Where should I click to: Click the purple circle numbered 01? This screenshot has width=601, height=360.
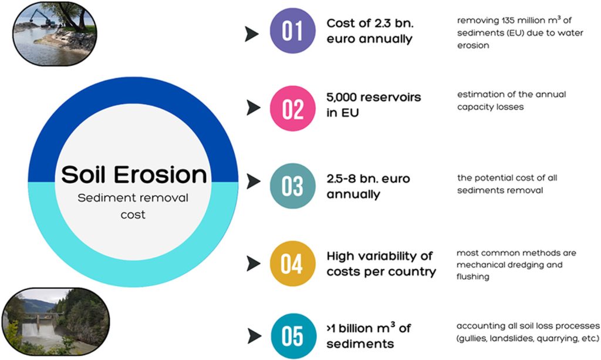point(292,31)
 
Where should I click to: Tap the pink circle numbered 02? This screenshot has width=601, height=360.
point(292,109)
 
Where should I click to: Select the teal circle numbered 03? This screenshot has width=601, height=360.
point(292,186)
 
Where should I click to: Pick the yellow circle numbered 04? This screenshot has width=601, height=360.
point(292,263)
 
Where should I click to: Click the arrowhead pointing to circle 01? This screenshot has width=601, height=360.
point(252,34)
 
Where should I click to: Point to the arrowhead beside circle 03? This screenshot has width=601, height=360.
point(254,181)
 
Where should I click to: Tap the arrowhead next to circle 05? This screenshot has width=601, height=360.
point(255,336)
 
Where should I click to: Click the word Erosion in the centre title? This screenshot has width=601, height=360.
point(160,174)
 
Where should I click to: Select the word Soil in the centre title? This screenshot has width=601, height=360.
point(85,174)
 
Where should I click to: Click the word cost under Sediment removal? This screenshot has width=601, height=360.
point(133,215)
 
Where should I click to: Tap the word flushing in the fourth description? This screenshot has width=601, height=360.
point(472,277)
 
